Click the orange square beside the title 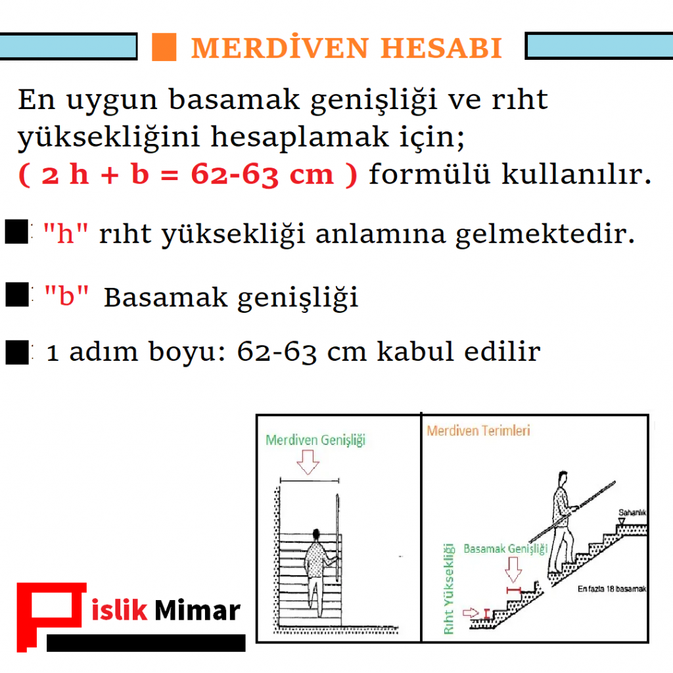164,47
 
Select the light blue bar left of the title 68,46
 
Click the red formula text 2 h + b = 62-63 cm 188,175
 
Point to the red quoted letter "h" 65,234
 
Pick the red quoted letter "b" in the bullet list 66,297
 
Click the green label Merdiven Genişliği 315,440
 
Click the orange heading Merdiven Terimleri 478,431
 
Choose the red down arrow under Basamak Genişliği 514,570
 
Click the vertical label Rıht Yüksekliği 450,588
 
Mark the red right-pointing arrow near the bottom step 472,613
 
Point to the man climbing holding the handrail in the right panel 562,519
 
